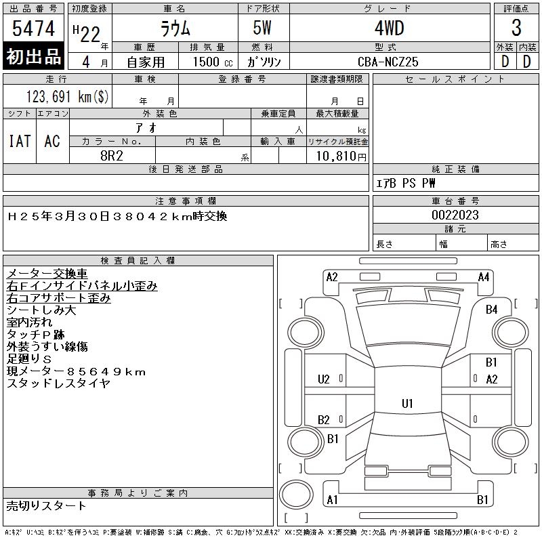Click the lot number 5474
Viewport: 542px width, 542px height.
click(x=34, y=29)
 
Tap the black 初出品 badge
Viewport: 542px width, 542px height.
click(x=34, y=56)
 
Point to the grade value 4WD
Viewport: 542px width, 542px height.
click(x=388, y=29)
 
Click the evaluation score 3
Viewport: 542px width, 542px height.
click(x=516, y=29)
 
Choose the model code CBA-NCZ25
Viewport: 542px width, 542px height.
click(x=388, y=61)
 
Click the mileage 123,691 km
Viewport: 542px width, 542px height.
click(x=66, y=96)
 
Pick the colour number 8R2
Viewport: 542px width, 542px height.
click(x=112, y=155)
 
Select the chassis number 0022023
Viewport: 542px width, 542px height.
click(x=455, y=215)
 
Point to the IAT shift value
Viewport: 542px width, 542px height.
click(x=20, y=141)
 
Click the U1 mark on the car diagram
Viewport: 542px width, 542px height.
click(x=407, y=404)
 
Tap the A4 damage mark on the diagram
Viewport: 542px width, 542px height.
click(x=484, y=276)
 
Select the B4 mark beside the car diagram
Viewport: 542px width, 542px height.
click(x=491, y=310)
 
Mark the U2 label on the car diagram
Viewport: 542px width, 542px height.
click(x=324, y=379)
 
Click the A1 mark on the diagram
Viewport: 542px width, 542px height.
click(x=333, y=500)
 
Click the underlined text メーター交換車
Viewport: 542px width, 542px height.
click(x=47, y=274)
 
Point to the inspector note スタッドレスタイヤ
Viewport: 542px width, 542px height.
click(x=58, y=383)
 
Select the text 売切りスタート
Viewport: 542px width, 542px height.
click(x=47, y=505)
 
